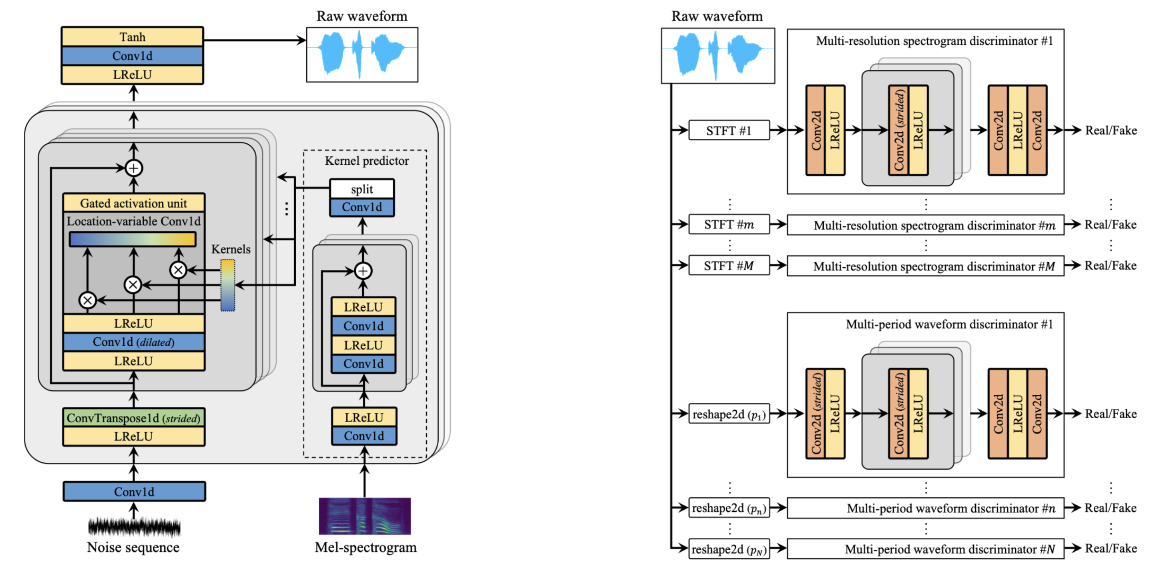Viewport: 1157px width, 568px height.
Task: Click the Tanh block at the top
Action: point(132,37)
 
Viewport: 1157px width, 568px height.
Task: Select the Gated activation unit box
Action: point(134,203)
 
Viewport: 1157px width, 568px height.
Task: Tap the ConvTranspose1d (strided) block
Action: point(134,418)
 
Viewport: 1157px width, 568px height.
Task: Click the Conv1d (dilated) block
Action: point(134,342)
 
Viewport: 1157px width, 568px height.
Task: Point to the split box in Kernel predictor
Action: point(362,189)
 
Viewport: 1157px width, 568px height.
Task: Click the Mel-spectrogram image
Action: point(365,516)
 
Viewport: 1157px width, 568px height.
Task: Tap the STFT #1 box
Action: point(728,130)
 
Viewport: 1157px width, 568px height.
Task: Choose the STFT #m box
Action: point(728,224)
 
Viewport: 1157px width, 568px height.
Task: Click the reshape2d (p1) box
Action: point(728,414)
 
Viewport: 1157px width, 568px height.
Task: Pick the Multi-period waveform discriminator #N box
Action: point(925,549)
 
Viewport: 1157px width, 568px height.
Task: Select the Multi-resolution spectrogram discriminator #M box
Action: point(925,266)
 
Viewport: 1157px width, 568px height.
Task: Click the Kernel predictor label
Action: point(367,161)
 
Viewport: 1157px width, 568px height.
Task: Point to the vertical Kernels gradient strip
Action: point(228,285)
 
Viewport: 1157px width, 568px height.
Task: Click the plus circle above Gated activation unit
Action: point(134,168)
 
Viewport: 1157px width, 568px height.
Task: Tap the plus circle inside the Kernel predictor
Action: point(363,271)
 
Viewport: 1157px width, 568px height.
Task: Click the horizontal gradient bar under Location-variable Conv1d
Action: point(132,239)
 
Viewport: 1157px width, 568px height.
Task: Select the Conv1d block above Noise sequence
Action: point(134,491)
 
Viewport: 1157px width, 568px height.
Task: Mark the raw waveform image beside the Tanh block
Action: point(362,55)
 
